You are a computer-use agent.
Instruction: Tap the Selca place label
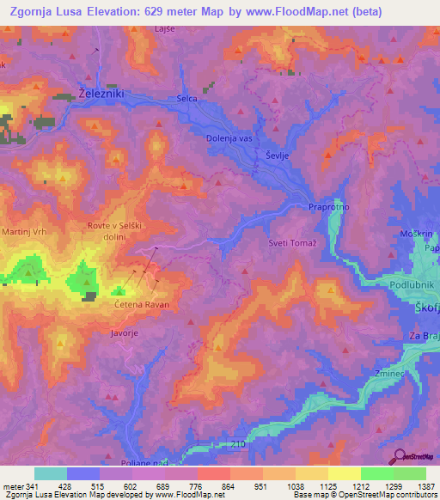point(187,99)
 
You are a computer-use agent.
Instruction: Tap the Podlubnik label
point(414,284)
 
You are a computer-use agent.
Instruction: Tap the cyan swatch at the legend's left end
point(50,473)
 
